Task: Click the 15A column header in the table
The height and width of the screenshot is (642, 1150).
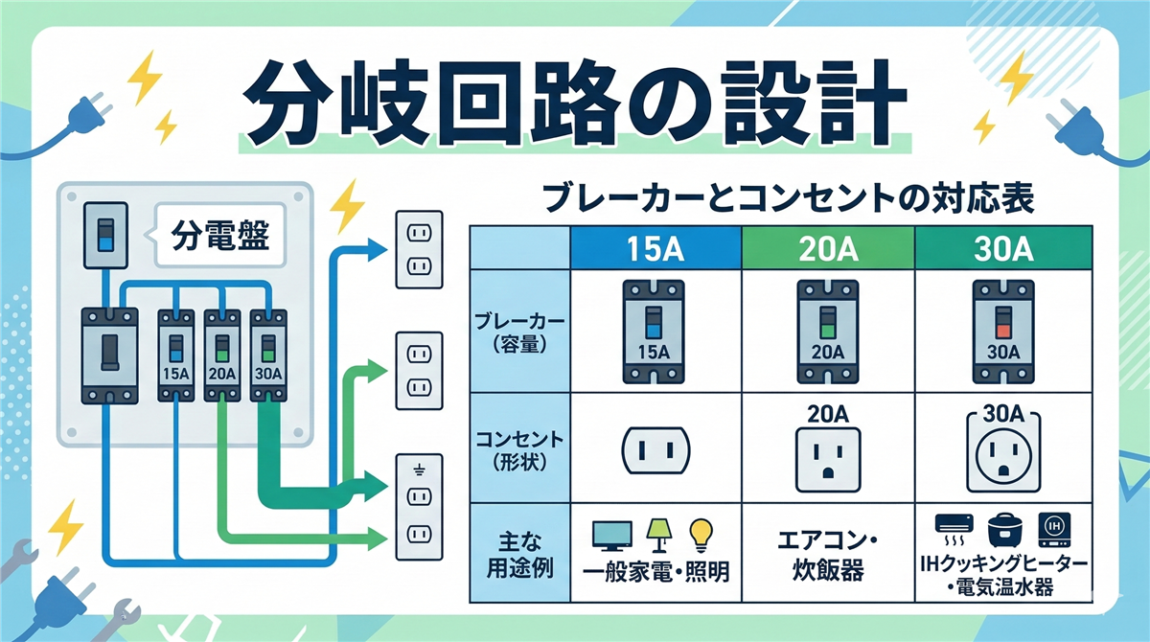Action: click(655, 251)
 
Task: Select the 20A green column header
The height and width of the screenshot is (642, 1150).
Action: click(828, 251)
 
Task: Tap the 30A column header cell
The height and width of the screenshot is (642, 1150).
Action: click(1002, 251)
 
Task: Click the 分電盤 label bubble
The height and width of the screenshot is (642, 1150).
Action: click(218, 232)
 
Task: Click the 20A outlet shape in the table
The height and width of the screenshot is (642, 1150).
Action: click(828, 460)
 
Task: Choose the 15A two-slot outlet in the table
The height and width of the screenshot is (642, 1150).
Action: click(656, 448)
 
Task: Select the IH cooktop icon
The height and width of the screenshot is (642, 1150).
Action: click(1057, 526)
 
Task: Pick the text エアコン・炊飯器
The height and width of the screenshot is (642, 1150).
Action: click(828, 556)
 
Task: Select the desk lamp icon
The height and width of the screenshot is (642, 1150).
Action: click(658, 534)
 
